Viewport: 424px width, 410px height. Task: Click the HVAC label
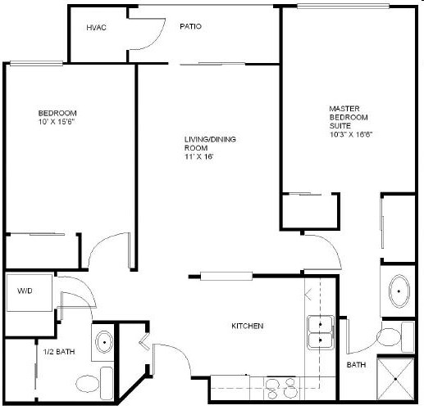(96, 28)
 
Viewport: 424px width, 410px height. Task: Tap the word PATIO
(190, 26)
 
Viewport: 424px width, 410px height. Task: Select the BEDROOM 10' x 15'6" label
(57, 116)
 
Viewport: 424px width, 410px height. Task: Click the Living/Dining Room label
(210, 147)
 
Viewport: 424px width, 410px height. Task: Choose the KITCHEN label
(247, 327)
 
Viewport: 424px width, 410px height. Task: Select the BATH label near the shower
(356, 364)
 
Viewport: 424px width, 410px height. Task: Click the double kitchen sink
(319, 332)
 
